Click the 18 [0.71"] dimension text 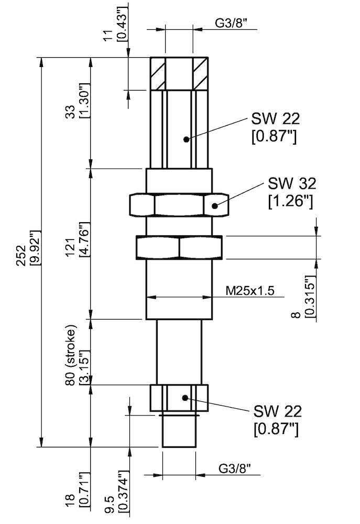pyautogui.click(x=77, y=495)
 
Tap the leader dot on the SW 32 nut pyautogui.click(x=215, y=205)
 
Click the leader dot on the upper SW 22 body pyautogui.click(x=186, y=139)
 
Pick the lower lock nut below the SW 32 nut pyautogui.click(x=179, y=247)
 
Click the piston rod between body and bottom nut pyautogui.click(x=179, y=351)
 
